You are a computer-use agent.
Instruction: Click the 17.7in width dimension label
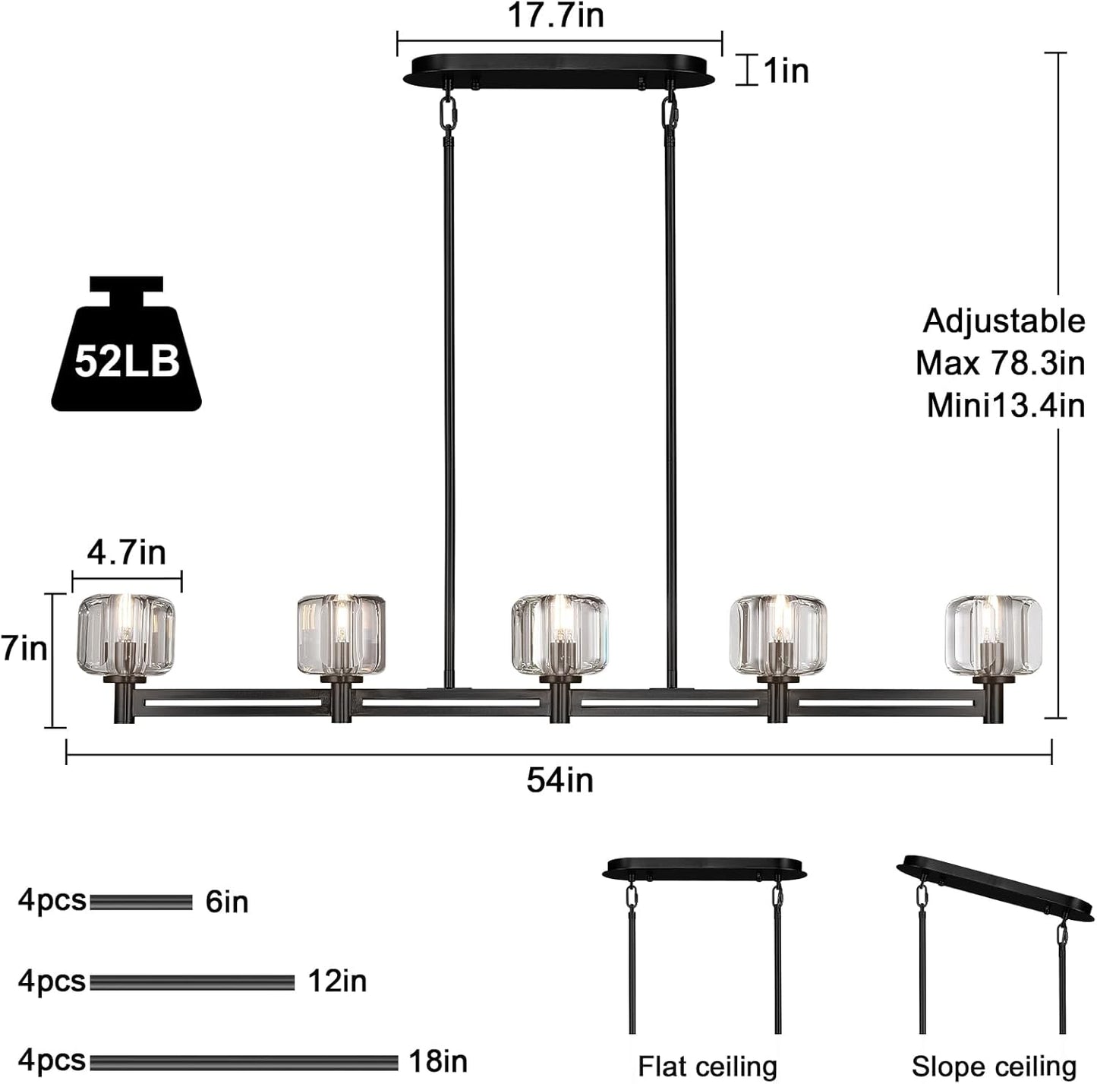pos(555,15)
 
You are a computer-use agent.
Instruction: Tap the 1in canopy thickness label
pos(786,71)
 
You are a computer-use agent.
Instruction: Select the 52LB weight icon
pos(126,343)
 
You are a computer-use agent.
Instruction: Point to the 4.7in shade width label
pos(126,552)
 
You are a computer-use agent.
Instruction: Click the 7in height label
pos(24,648)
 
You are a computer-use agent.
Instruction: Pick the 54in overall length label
pos(560,780)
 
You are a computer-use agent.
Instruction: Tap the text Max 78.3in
pos(1001,363)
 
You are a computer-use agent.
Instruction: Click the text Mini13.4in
pos(1005,406)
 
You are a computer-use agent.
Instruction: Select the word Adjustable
pos(1004,321)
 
